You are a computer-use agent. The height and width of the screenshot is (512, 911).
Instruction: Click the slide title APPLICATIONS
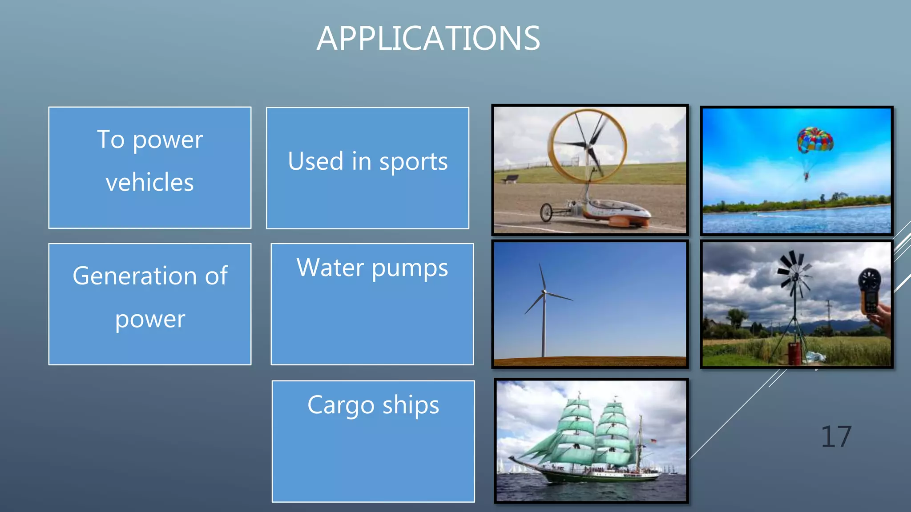[x=428, y=39]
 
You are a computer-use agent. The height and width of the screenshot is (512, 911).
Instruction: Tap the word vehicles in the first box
[x=150, y=182]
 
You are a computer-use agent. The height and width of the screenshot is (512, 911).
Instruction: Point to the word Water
[x=330, y=268]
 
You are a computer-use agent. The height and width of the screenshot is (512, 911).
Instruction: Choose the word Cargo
[x=341, y=405]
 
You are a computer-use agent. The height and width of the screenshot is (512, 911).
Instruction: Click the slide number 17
[x=836, y=436]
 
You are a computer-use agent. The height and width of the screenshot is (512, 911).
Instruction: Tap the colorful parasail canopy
[x=814, y=140]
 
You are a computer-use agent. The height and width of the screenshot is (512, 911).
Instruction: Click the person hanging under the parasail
[x=806, y=176]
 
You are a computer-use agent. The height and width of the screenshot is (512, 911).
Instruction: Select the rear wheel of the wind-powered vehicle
[x=546, y=212]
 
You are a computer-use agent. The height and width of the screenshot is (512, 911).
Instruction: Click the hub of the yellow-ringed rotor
[x=589, y=147]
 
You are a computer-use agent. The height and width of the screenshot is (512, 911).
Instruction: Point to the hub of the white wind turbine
[x=544, y=292]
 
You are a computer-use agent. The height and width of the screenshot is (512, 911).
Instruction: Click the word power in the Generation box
[x=150, y=319]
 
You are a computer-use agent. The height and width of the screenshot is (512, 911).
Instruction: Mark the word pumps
[x=410, y=268]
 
